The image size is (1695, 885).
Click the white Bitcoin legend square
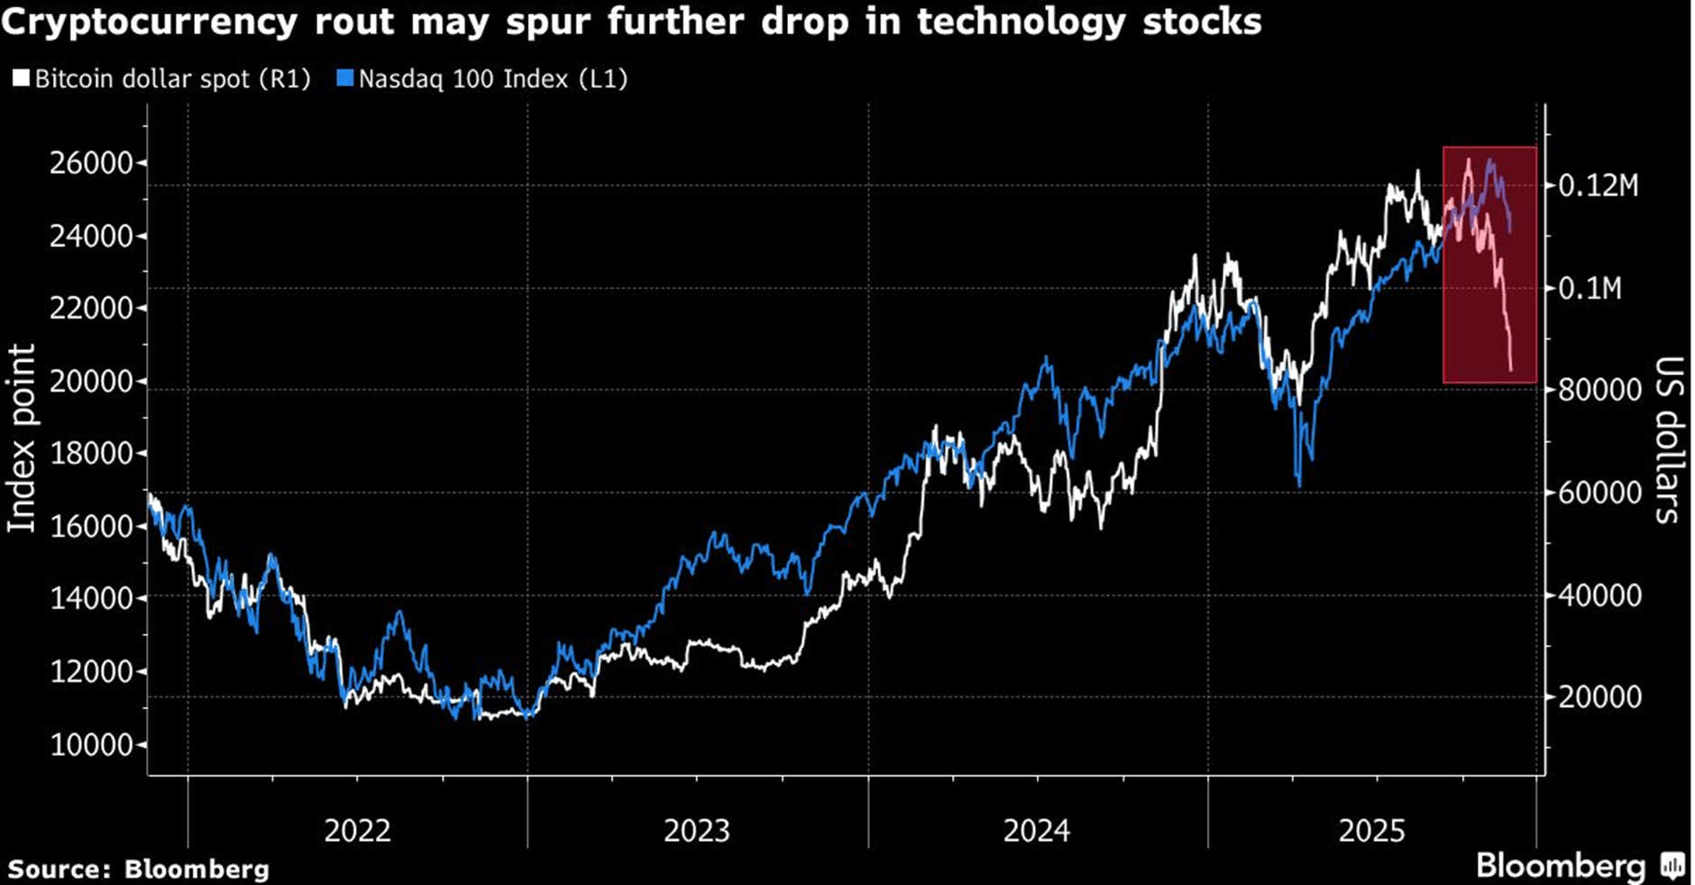click(21, 79)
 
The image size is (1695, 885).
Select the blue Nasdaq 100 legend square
click(344, 79)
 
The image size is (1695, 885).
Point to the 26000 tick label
click(91, 163)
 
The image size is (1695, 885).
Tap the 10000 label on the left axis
click(91, 745)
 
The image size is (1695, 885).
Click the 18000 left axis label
click(91, 454)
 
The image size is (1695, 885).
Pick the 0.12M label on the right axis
click(1598, 186)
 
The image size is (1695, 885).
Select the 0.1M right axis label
click(1590, 289)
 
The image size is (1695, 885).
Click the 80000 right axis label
click(1599, 391)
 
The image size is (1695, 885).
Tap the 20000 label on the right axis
click(1599, 697)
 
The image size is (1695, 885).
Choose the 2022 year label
click(357, 830)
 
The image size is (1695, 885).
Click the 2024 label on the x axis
click(1037, 830)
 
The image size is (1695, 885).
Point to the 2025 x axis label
click(1371, 830)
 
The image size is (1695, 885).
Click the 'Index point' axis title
click(22, 438)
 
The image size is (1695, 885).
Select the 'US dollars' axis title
click(1668, 440)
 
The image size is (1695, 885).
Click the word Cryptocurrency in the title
click(150, 22)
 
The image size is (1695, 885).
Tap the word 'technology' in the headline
click(1021, 22)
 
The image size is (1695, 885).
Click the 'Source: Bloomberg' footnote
click(138, 870)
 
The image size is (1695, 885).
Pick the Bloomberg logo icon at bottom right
click(1673, 867)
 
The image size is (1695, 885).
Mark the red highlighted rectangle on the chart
click(1489, 264)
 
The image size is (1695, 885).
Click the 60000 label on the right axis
click(1599, 493)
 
